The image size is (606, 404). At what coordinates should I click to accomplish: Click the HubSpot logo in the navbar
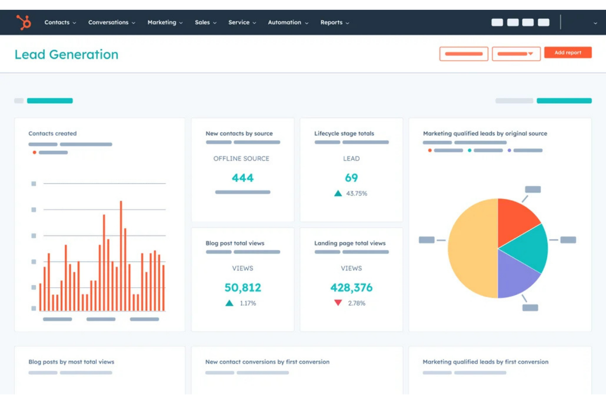tap(23, 22)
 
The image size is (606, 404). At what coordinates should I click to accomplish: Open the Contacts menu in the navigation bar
tap(60, 23)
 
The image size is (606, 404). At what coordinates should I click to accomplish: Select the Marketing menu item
tap(165, 23)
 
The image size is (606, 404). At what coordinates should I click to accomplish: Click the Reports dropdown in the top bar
tap(334, 23)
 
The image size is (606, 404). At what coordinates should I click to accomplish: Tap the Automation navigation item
tap(287, 23)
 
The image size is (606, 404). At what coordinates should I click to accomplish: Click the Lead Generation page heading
tap(66, 54)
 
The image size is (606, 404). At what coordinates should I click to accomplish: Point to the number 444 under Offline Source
tap(242, 178)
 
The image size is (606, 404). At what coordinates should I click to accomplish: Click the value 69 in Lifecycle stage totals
tap(351, 178)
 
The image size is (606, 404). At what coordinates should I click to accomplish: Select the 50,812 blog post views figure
tap(242, 288)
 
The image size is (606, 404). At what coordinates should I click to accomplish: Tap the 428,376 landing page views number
tap(351, 288)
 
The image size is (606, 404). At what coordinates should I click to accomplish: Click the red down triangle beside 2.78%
tap(338, 303)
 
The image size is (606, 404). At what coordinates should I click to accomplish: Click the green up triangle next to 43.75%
tap(338, 193)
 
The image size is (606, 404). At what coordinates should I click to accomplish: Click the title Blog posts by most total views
tap(71, 362)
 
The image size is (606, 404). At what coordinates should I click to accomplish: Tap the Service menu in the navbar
tap(242, 23)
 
